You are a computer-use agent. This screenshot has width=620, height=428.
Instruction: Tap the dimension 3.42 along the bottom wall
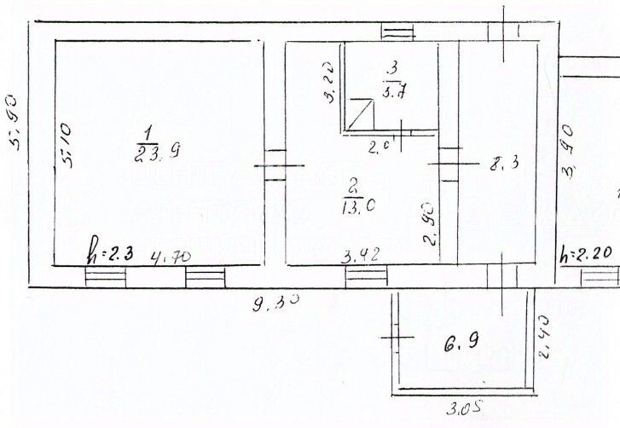[x=361, y=253]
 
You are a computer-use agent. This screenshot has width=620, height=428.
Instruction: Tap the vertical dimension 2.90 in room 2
[x=430, y=223]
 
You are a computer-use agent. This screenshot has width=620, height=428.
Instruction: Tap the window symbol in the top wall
[x=397, y=33]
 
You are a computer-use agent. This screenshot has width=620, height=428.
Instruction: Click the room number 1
[x=148, y=132]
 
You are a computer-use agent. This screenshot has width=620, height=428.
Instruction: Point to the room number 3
[x=392, y=65]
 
